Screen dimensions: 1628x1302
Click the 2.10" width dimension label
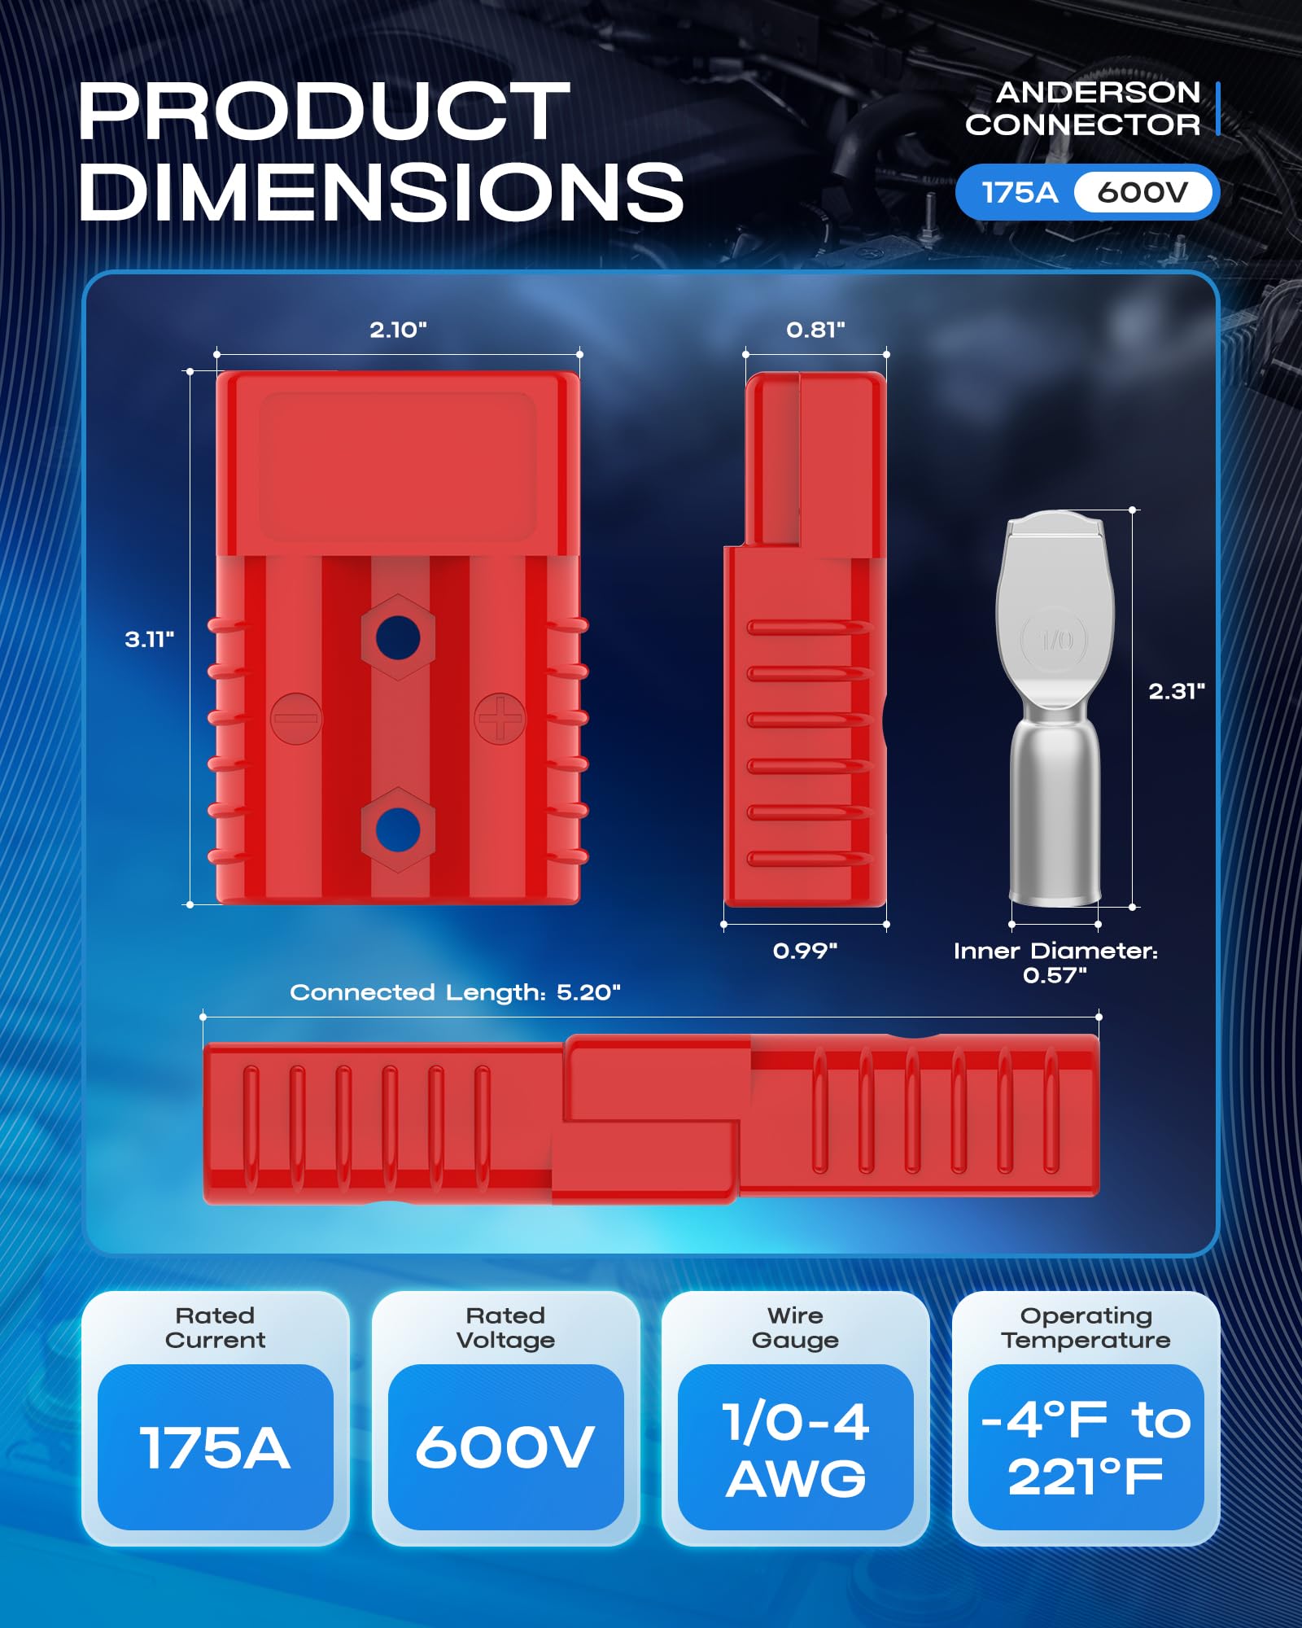click(398, 330)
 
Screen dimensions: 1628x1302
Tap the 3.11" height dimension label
click(149, 639)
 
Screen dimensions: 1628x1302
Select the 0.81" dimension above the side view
click(815, 330)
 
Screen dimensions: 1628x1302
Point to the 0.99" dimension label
click(805, 951)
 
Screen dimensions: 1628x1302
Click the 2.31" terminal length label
click(1176, 691)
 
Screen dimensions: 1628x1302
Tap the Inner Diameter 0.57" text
click(1055, 963)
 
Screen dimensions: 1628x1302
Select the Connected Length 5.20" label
click(455, 992)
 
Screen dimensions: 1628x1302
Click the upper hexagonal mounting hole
click(398, 637)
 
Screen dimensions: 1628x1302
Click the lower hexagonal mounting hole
click(398, 829)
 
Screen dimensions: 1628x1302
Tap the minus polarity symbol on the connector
click(296, 718)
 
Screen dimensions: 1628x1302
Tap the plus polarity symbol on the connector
click(500, 718)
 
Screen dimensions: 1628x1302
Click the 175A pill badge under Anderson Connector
click(1019, 193)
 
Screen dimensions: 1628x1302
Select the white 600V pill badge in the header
click(1143, 193)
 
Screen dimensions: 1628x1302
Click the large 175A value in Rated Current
click(215, 1449)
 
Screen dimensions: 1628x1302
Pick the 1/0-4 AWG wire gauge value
click(795, 1450)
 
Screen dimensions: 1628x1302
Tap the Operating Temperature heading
click(1086, 1328)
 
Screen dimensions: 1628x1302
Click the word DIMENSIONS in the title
click(381, 192)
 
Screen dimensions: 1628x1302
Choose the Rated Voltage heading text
click(505, 1328)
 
